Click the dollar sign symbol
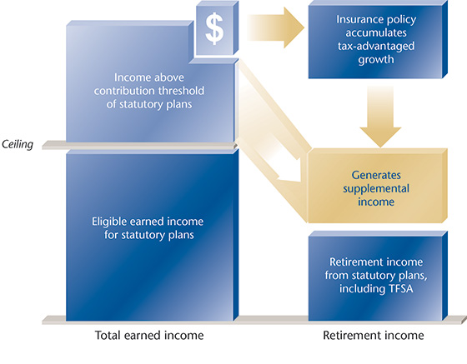coord(214,28)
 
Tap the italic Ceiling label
coord(18,145)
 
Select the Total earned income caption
coord(149,335)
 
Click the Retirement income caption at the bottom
coord(374,335)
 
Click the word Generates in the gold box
coord(376,175)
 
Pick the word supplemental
coord(376,189)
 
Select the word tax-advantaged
coord(376,46)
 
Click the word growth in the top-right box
coord(376,59)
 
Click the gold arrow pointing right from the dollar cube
coord(276,28)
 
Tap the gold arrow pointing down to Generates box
coord(380,117)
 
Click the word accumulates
coord(376,32)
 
